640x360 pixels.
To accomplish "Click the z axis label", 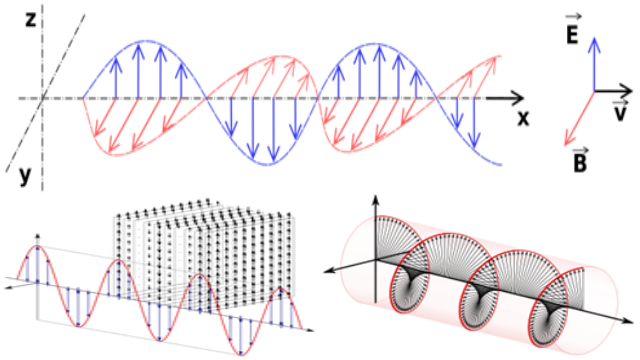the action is pos(31,19).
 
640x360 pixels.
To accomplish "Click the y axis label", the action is pos(25,176).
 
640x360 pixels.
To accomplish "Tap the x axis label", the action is pos(523,118).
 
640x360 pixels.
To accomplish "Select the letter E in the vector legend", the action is pos(573,35).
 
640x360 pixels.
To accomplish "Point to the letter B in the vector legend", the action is pos(580,162).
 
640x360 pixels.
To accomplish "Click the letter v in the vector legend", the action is pos(620,113).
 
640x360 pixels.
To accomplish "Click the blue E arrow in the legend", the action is pos(595,64).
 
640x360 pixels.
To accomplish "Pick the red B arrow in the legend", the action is pos(580,118).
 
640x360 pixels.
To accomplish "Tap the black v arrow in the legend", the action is pos(613,91).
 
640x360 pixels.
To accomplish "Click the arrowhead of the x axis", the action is pos(518,98).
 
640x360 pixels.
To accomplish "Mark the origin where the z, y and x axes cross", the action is pos(42,98).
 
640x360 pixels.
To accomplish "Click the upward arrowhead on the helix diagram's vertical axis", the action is pos(376,200).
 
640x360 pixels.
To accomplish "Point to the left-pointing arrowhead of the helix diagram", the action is pos(329,271).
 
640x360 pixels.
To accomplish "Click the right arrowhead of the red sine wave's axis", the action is pos(311,329).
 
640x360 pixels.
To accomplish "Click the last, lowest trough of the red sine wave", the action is pos(240,354).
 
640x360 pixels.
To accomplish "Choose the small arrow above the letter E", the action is pos(573,17).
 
